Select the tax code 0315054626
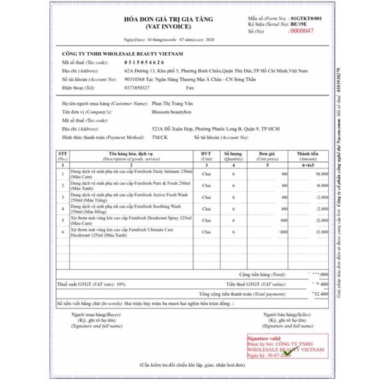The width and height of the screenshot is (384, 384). tap(144, 62)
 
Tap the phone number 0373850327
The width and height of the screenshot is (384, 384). tap(137, 88)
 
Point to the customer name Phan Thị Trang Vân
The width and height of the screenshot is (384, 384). tap(171, 104)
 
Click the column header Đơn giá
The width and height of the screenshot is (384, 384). tap(267, 154)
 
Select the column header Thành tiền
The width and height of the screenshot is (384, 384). tap(308, 154)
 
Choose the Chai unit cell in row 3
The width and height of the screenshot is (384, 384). tap(206, 197)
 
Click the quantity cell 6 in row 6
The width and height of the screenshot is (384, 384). tap(233, 232)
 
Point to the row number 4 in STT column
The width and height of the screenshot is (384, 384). tap(63, 209)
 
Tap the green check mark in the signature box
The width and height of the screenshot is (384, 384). tap(287, 353)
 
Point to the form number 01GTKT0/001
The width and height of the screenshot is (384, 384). tap(307, 18)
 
